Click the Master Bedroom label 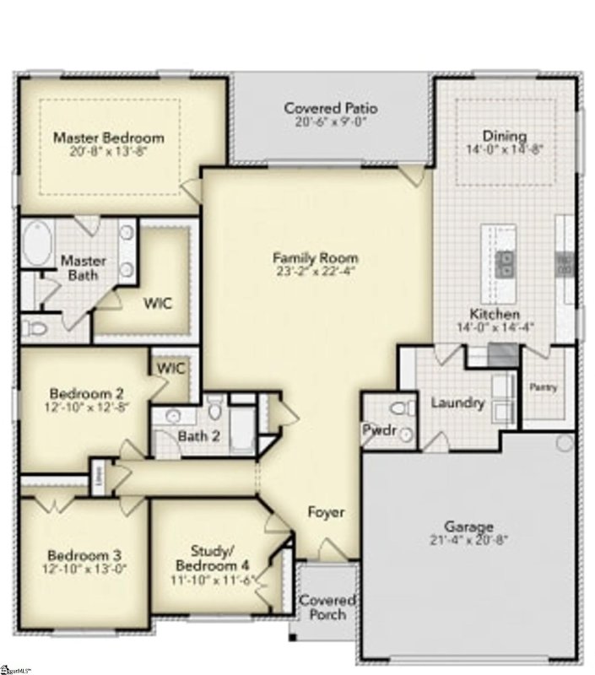[109, 138]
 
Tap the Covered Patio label [330, 108]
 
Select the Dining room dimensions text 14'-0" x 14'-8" [505, 150]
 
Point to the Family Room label [315, 257]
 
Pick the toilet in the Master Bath [35, 326]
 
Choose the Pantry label [543, 386]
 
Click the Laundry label [457, 403]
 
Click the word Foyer [326, 512]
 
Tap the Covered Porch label [327, 607]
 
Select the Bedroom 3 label [84, 555]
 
